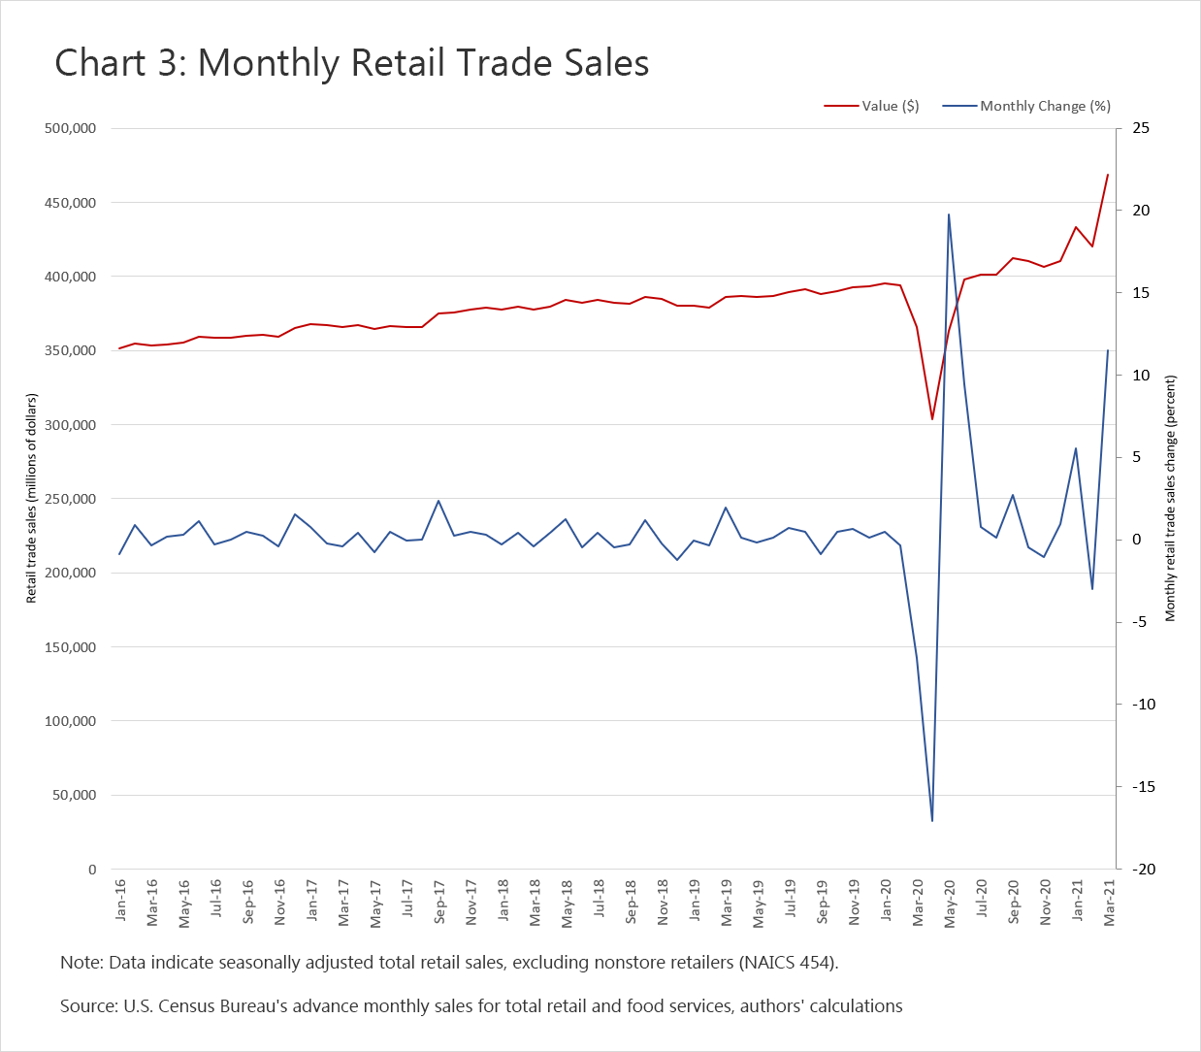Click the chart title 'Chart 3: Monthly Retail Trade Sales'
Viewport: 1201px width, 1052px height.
coord(351,64)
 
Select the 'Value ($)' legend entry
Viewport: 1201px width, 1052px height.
coord(890,106)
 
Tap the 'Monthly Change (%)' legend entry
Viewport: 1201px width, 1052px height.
coord(1045,106)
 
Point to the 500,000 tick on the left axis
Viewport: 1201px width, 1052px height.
coord(70,128)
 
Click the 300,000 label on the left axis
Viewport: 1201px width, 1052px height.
coord(70,425)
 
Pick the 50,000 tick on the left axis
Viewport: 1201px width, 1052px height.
coord(74,795)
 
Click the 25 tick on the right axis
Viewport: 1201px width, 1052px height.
coord(1141,128)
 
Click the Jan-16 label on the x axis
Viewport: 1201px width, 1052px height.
coord(120,900)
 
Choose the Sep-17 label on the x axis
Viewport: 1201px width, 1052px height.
coord(438,902)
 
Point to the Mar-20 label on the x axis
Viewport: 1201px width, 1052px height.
coord(918,902)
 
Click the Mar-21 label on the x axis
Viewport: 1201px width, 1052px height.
coord(1109,902)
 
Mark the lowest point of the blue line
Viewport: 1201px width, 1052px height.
coord(932,821)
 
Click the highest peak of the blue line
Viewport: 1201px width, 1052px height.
coord(948,214)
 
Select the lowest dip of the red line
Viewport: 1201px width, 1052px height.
coord(932,419)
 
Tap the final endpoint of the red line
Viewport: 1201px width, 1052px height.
coord(1108,175)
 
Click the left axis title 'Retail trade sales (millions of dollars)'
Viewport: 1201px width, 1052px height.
coord(32,498)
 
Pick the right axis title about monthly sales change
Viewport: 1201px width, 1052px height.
coord(1170,498)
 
